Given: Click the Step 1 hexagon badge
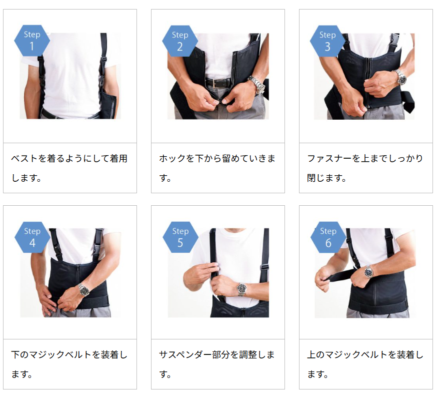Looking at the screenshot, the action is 32,41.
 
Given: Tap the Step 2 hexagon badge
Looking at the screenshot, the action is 180,41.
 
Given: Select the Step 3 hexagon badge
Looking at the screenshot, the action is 328,41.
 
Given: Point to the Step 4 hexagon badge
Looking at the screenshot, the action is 32,237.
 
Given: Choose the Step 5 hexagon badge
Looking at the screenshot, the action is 180,237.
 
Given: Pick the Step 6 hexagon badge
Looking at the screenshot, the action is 328,237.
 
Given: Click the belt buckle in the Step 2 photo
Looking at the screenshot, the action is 215,83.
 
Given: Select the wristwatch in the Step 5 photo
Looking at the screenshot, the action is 241,289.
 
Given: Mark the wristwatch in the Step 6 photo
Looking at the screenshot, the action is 368,271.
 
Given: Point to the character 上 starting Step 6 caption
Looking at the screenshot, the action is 311,355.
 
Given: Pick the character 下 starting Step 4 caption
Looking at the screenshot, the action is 15,355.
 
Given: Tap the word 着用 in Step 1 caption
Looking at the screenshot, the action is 118,159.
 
